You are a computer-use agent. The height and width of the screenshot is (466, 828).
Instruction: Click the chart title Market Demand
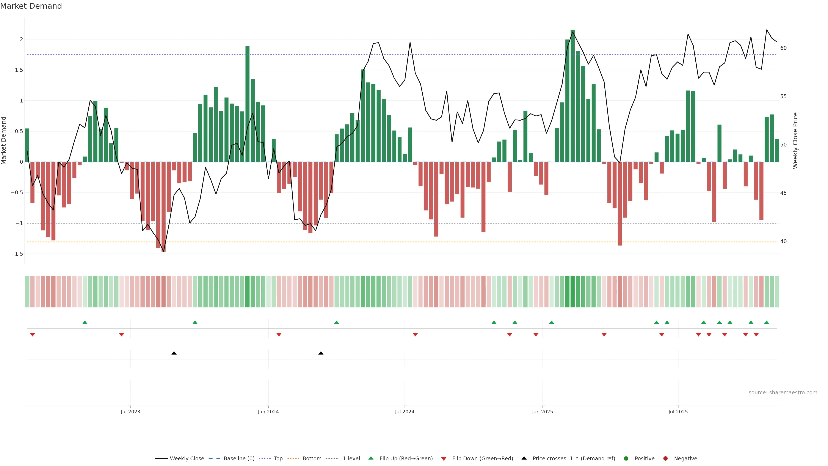[31, 6]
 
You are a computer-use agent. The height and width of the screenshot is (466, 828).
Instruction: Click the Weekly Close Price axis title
[795, 140]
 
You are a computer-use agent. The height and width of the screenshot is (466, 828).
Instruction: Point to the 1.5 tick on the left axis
[19, 70]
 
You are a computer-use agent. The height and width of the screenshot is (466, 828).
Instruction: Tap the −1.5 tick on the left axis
[17, 254]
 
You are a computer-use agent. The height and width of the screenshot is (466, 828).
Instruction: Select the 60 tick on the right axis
[783, 48]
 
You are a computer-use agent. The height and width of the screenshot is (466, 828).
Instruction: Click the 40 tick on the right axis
[783, 242]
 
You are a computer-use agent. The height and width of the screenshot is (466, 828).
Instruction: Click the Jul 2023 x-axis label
[130, 412]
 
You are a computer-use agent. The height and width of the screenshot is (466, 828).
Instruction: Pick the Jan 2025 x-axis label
[542, 412]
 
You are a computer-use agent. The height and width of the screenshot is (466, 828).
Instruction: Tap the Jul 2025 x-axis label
[678, 412]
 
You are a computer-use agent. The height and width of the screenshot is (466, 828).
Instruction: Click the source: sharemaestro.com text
[783, 393]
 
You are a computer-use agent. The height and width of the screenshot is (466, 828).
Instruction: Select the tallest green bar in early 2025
[572, 96]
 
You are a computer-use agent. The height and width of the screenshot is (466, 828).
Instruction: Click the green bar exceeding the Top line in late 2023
[247, 103]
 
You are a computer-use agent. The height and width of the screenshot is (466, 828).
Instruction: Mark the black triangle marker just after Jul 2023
[174, 353]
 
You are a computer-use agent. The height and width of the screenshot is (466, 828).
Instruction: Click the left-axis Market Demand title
[3, 140]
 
